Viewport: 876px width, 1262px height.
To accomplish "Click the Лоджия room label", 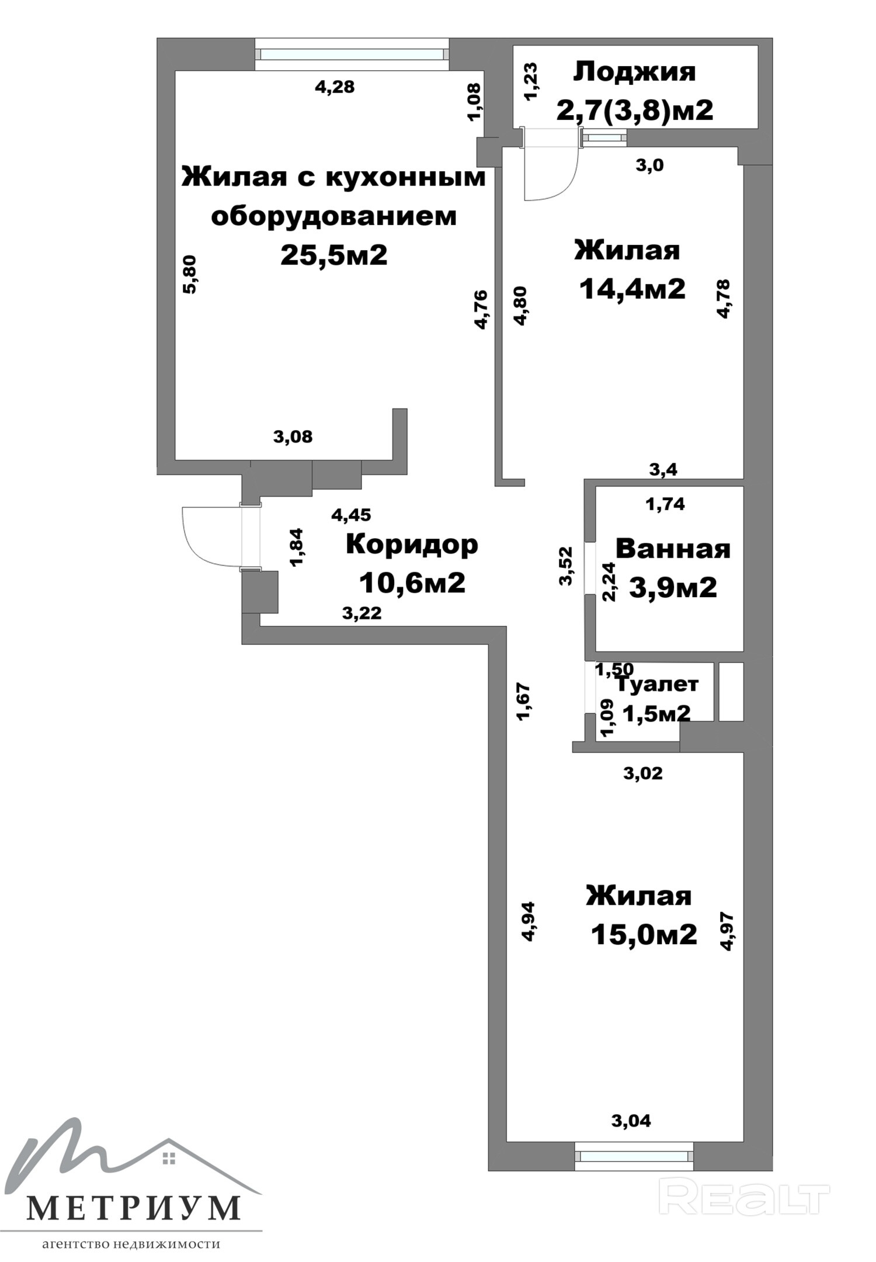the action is [635, 72].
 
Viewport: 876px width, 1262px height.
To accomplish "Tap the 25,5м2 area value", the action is [334, 255].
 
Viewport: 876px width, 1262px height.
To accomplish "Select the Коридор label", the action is [412, 545].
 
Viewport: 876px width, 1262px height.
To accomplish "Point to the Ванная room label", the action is [673, 549].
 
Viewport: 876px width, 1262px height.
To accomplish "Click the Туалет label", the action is [657, 684].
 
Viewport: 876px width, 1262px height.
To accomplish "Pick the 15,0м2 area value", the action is [644, 934].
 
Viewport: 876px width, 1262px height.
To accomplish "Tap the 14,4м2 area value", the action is [632, 289].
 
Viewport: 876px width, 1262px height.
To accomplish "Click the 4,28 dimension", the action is [335, 87].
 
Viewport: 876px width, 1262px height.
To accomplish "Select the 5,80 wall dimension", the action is [191, 274].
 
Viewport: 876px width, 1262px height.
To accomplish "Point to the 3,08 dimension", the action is [293, 436].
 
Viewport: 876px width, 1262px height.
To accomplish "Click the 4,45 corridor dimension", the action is [351, 515].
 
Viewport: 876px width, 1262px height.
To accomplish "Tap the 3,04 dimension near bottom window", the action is [631, 1121].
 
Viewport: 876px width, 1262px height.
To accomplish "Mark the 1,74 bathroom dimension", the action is [665, 504].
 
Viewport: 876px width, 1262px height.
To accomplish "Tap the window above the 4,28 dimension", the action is [352, 54].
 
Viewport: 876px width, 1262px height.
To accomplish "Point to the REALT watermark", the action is [744, 1198].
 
